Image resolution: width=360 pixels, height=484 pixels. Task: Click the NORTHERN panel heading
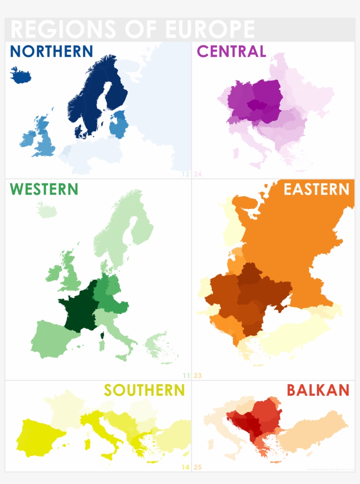tap(51, 51)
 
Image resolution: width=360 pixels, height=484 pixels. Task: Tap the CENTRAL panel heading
tap(231, 51)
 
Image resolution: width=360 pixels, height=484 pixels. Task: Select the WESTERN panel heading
tap(44, 189)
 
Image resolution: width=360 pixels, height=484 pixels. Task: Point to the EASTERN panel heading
tap(316, 189)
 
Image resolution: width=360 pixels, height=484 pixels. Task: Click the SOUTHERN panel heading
tap(144, 390)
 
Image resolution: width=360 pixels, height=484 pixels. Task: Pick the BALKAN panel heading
tap(318, 390)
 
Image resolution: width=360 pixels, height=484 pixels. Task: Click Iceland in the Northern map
tap(21, 75)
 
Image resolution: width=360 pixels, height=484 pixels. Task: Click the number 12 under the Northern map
tap(186, 174)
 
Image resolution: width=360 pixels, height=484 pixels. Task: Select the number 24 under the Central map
tap(198, 174)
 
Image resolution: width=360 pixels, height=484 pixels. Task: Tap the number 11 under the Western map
tap(186, 376)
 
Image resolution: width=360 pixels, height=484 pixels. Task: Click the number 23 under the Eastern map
tap(198, 376)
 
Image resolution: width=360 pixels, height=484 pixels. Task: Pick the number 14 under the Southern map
tap(186, 467)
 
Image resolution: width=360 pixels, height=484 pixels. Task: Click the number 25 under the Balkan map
tap(198, 467)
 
